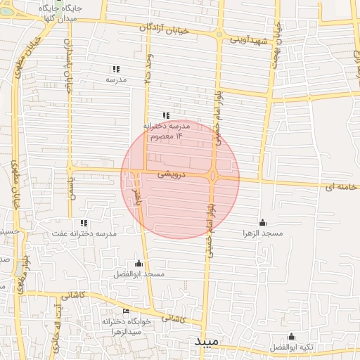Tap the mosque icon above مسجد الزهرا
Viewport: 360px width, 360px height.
click(263, 222)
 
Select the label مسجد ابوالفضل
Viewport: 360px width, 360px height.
click(139, 274)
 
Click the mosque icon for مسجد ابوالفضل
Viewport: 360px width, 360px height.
click(138, 264)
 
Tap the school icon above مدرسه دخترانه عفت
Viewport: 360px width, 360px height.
click(84, 222)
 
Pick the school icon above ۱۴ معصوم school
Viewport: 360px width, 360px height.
click(166, 115)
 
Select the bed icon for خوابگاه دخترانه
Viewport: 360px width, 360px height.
click(127, 311)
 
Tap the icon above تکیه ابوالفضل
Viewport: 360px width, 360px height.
click(292, 337)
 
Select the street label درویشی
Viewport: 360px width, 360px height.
click(171, 172)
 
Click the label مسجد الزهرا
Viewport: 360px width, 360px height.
click(262, 233)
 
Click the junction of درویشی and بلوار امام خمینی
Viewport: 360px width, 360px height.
click(212, 176)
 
